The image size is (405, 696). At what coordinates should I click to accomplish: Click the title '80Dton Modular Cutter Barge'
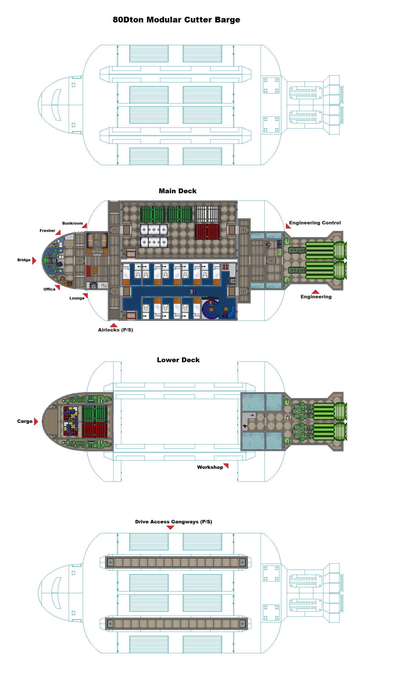point(176,20)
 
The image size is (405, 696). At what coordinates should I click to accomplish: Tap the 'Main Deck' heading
point(177,191)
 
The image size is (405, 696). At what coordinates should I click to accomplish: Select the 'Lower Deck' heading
point(178,360)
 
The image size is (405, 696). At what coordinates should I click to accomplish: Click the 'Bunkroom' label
point(72,223)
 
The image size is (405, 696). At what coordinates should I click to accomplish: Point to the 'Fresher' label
point(47,231)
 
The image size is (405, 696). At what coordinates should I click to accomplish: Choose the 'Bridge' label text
point(24,260)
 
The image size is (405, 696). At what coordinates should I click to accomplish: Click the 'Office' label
point(49,289)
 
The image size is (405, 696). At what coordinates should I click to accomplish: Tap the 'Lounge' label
point(77,298)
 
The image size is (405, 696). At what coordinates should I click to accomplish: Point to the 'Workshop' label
point(210,467)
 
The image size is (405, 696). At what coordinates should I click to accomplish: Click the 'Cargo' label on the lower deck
point(25,421)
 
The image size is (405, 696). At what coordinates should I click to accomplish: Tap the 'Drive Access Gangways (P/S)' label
point(173,522)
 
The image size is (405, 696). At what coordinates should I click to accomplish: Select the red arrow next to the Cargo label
point(36,422)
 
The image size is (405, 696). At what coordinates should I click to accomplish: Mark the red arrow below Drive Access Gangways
point(170,527)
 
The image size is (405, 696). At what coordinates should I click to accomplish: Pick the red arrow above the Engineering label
point(315,292)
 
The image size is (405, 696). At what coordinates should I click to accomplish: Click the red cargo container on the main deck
point(207,231)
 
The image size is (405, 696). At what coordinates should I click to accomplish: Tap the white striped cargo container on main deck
point(207,214)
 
